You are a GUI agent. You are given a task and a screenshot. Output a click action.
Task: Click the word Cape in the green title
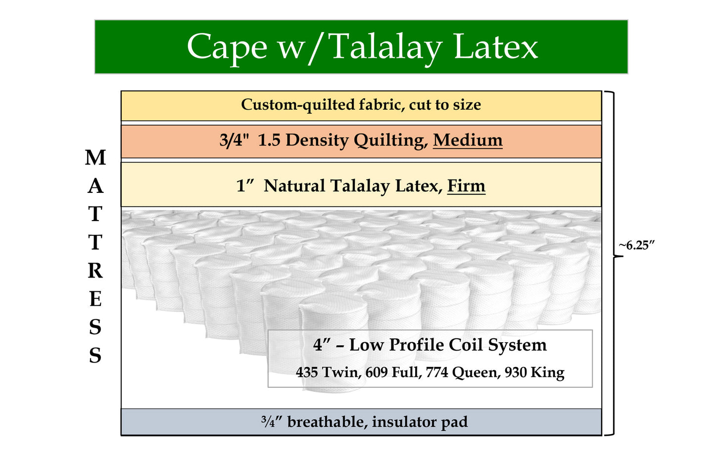click(x=227, y=47)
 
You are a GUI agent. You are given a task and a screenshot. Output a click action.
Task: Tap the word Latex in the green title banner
click(x=496, y=46)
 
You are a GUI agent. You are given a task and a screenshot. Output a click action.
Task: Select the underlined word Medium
click(x=468, y=140)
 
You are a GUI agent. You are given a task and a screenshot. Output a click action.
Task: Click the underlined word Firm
click(x=466, y=185)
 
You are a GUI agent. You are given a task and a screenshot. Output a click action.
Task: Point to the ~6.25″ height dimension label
click(x=637, y=245)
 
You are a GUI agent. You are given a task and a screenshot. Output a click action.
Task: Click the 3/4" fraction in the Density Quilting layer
click(x=234, y=140)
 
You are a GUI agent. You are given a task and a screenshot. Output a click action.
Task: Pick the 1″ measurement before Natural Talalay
click(x=245, y=185)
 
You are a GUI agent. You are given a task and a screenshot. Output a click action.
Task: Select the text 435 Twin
click(x=329, y=372)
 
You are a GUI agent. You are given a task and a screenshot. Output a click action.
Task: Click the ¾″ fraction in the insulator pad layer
click(x=272, y=422)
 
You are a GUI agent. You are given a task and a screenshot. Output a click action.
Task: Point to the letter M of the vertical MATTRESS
click(x=95, y=157)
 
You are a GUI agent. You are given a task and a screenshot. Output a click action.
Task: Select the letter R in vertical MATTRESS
click(x=95, y=271)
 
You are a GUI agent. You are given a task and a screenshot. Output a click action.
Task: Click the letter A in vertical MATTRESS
click(x=95, y=185)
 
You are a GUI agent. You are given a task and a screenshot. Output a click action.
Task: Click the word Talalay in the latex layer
click(x=359, y=185)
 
